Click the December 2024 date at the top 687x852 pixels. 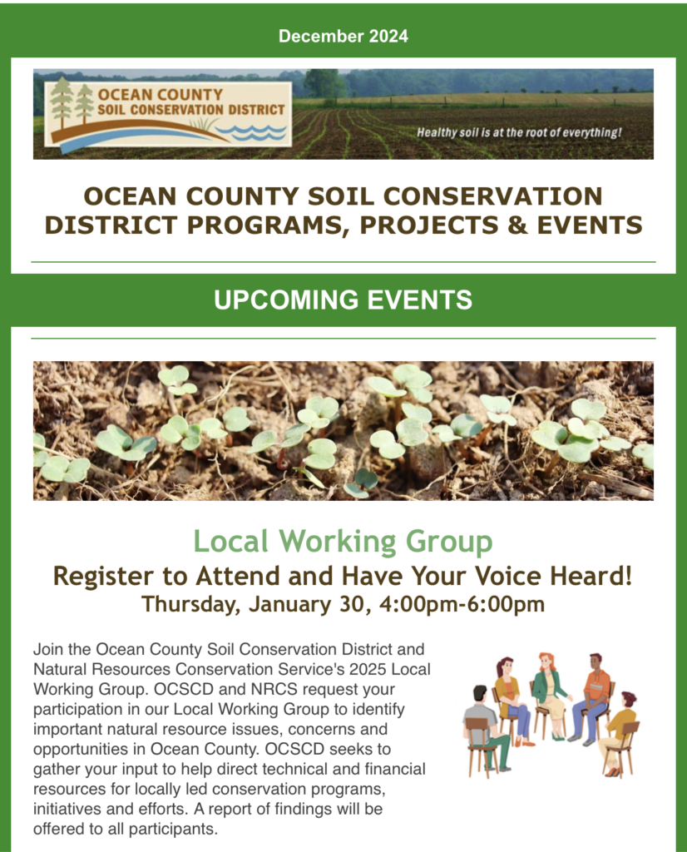tap(343, 36)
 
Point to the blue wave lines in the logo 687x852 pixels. tap(251, 132)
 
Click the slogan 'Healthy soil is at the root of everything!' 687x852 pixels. tap(519, 132)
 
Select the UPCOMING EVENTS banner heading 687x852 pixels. tap(343, 300)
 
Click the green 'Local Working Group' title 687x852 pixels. tap(343, 542)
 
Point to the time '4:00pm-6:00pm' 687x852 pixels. tap(462, 604)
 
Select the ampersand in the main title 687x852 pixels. tap(517, 225)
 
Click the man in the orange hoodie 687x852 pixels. tap(593, 698)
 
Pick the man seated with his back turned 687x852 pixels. tap(486, 728)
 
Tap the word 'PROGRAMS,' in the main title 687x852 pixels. tap(265, 225)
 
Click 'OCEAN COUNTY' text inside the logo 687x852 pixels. tap(161, 95)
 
